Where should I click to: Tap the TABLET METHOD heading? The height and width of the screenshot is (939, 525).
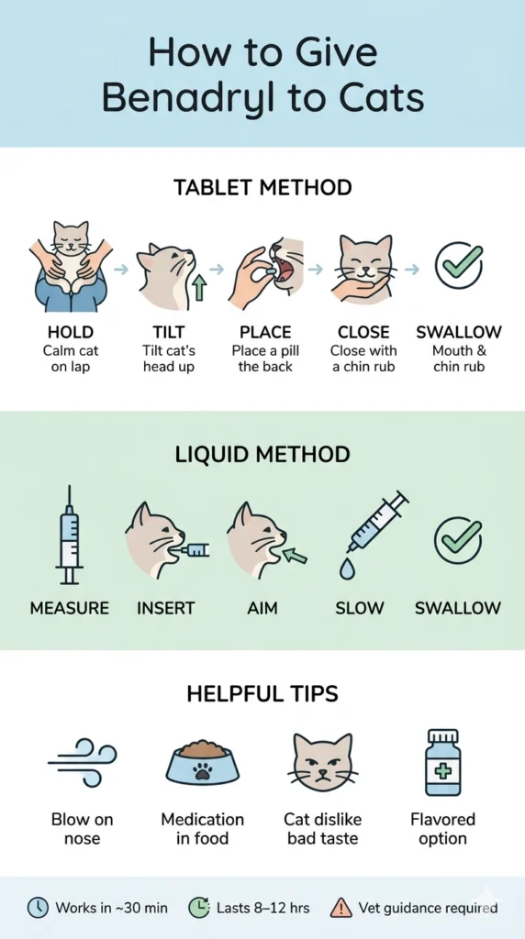pos(262,188)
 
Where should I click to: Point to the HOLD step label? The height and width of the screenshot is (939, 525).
pos(69,332)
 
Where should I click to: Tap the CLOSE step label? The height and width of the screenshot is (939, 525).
pos(363,332)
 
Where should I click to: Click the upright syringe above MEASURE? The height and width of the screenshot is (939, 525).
pos(69,536)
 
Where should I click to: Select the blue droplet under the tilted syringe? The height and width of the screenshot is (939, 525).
pos(347,569)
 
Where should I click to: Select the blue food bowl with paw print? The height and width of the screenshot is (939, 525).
pos(202,762)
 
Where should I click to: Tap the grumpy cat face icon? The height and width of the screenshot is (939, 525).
pos(321,762)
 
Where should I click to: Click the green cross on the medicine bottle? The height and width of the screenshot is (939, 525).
pos(442,770)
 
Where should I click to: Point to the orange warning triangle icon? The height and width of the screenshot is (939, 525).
pos(341,908)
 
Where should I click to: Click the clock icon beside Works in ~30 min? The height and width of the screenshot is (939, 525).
pos(37,908)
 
